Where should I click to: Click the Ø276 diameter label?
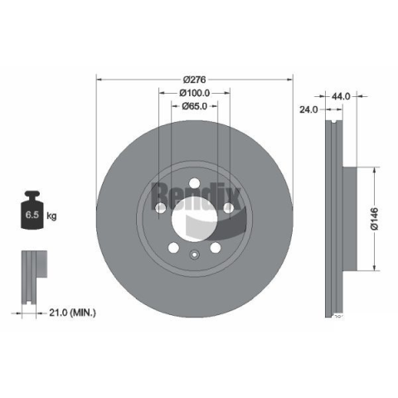pyautogui.click(x=195, y=80)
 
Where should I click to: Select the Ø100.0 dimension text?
pyautogui.click(x=195, y=93)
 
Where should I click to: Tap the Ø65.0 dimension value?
pyautogui.click(x=195, y=106)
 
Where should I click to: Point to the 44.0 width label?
pyautogui.click(x=341, y=96)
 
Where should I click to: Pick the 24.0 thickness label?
pyautogui.click(x=308, y=109)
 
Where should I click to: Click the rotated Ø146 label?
pyautogui.click(x=375, y=219)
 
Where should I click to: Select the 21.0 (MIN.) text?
pyautogui.click(x=72, y=313)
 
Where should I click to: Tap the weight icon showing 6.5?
pyautogui.click(x=32, y=210)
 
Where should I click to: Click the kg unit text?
pyautogui.click(x=51, y=216)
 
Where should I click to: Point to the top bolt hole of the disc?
pyautogui.click(x=195, y=183)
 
